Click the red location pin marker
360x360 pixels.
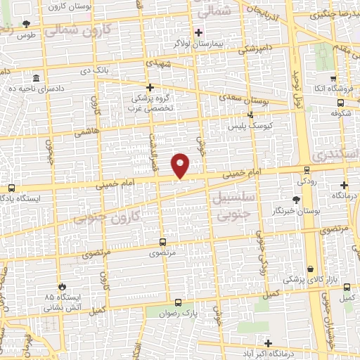(x=181, y=165)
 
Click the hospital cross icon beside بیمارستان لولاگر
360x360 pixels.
(x=199, y=32)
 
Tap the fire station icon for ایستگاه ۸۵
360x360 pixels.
(x=63, y=287)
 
